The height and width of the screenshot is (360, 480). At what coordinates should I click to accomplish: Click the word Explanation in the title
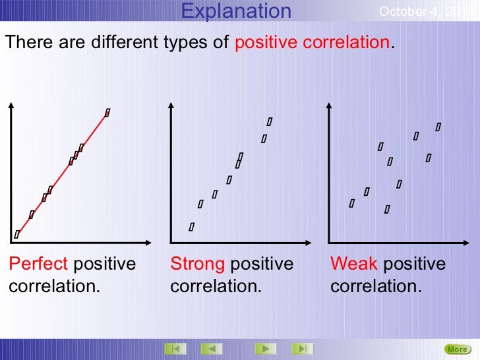(x=236, y=11)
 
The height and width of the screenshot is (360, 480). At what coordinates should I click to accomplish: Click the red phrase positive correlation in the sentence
(x=313, y=43)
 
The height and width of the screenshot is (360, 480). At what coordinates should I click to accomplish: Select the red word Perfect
(x=38, y=264)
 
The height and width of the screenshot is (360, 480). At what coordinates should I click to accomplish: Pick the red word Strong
(x=198, y=264)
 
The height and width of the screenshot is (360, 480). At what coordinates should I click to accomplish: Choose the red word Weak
(x=354, y=264)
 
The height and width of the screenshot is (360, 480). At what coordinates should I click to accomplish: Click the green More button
(x=456, y=349)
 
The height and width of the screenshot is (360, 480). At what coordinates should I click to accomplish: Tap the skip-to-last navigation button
(x=301, y=348)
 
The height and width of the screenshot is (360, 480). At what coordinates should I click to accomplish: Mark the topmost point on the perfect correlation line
(x=107, y=113)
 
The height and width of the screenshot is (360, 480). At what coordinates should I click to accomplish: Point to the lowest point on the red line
(x=17, y=234)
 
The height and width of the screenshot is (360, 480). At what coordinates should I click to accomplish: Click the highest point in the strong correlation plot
(x=270, y=121)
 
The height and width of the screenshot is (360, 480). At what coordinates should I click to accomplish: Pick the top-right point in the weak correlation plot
(x=438, y=126)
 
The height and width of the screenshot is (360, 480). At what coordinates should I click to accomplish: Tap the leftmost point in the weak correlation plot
(x=351, y=203)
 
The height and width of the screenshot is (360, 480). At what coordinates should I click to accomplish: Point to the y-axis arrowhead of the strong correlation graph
(x=171, y=104)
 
